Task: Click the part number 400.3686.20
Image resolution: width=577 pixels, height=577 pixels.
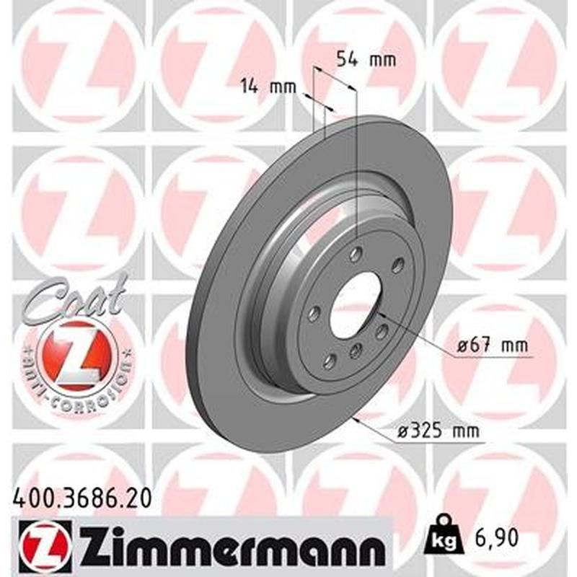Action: click(x=82, y=497)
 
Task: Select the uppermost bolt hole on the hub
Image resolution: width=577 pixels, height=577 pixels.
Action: click(x=355, y=255)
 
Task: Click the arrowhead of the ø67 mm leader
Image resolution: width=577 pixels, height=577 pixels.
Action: click(x=381, y=314)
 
